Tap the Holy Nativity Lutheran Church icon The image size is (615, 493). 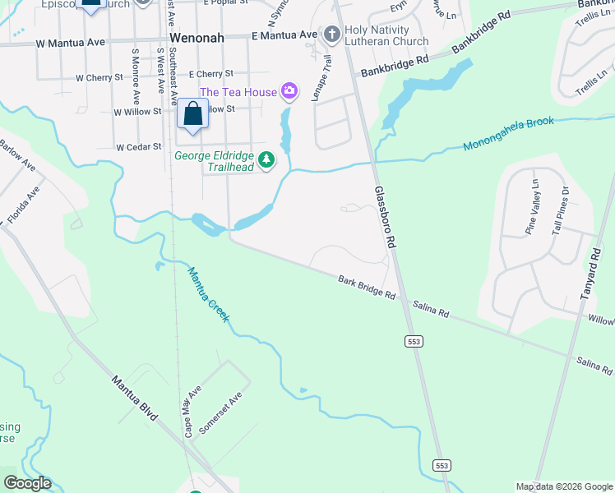pos(332,35)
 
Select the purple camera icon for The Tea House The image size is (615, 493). pos(289,91)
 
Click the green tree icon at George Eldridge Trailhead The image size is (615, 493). pos(266,159)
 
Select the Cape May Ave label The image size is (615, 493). pos(193,411)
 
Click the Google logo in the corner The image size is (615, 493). pos(27,483)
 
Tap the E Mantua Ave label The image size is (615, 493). pos(284,35)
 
